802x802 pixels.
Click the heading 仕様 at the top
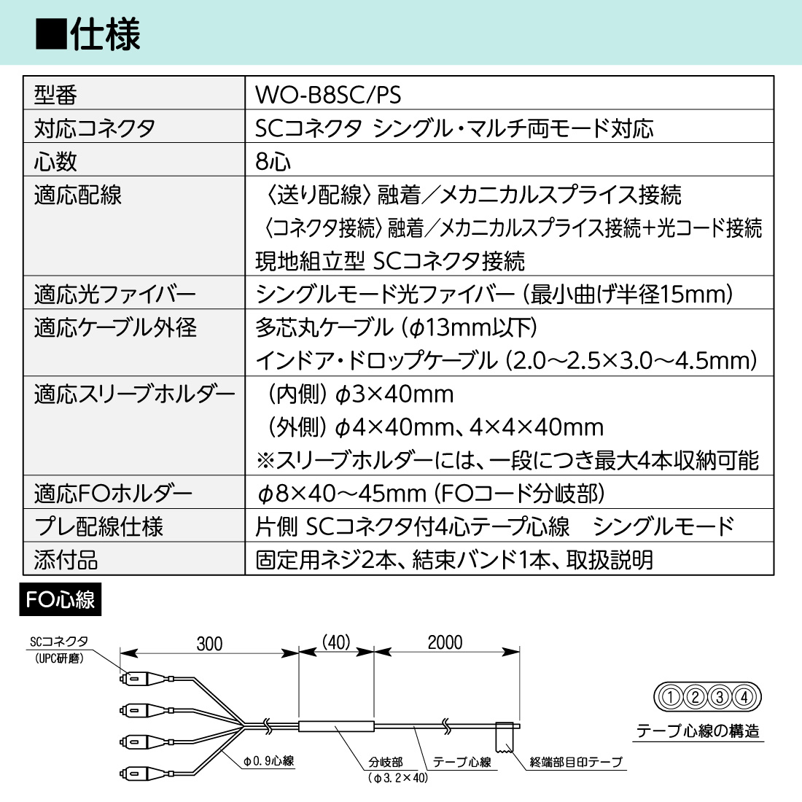click(x=106, y=34)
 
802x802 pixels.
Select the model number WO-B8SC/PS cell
click(x=328, y=95)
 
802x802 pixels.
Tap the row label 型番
click(x=55, y=95)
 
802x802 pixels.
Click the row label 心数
click(x=55, y=162)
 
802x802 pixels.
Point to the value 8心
click(x=273, y=162)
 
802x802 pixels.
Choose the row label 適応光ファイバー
click(x=115, y=295)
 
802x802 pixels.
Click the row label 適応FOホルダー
click(x=113, y=494)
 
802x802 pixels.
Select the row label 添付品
click(x=66, y=560)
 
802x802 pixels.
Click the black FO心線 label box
click(x=61, y=599)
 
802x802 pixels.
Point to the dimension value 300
click(x=210, y=644)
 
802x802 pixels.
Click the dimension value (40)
click(x=336, y=642)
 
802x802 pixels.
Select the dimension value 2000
click(x=445, y=642)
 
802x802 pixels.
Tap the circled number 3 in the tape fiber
click(x=720, y=696)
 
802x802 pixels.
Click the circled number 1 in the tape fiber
click(x=671, y=696)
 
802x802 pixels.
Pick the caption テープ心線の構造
click(x=698, y=731)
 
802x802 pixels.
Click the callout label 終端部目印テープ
click(x=576, y=762)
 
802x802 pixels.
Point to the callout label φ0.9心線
click(x=268, y=761)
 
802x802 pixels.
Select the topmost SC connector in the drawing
click(x=146, y=680)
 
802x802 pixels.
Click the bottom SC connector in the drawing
click(x=146, y=773)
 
